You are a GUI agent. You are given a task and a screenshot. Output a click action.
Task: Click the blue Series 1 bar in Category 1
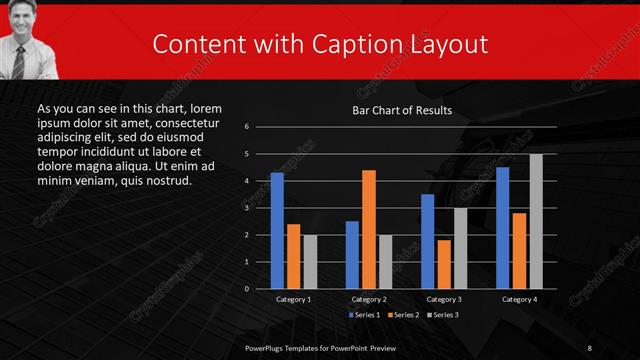[x=277, y=231]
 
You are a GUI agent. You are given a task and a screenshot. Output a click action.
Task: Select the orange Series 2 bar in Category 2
[x=369, y=229]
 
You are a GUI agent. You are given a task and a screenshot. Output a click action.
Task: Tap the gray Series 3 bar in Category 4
[x=536, y=221]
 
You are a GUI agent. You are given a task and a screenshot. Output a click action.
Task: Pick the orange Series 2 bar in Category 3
[x=444, y=264]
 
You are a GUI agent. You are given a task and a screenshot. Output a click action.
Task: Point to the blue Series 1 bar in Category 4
[x=502, y=228]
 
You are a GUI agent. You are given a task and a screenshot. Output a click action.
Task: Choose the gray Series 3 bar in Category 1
[x=310, y=262]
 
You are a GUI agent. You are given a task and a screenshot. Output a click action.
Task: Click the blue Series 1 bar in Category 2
[x=352, y=255]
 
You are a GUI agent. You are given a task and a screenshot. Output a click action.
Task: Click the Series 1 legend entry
[x=364, y=315]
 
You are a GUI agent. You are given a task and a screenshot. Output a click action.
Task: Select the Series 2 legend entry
[x=405, y=315]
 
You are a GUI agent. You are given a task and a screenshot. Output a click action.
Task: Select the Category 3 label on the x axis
[x=443, y=299]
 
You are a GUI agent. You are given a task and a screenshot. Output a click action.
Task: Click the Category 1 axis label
[x=293, y=299]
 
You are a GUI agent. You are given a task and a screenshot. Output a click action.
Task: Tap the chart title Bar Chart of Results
[x=402, y=110]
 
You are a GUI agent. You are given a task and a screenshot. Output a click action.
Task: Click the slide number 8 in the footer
[x=590, y=346]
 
